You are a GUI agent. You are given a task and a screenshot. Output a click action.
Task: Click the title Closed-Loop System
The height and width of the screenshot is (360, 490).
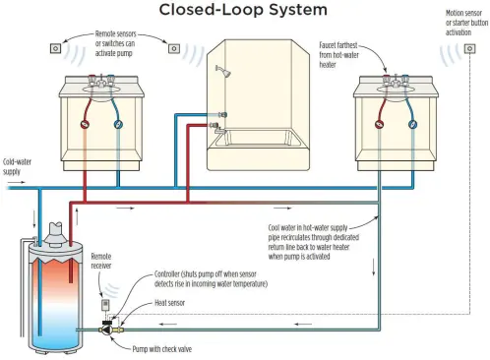(x=243, y=10)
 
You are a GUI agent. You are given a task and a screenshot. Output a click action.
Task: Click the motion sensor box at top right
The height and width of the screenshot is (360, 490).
(x=469, y=49)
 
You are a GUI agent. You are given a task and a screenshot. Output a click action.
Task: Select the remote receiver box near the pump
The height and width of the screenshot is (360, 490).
(x=105, y=305)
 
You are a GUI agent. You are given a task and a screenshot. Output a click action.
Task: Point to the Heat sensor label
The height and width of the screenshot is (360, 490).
(x=169, y=303)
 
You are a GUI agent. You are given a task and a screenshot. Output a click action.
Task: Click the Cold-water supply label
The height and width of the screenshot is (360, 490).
(x=17, y=166)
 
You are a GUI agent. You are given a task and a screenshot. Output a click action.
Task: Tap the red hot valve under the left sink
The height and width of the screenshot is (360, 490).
(x=85, y=124)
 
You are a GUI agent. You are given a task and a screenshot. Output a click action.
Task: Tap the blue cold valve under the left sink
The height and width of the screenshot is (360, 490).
(x=118, y=124)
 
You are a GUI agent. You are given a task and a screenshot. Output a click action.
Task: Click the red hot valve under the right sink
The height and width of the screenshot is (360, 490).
(x=379, y=124)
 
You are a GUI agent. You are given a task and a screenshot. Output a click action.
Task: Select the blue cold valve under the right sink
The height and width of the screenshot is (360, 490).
(x=412, y=124)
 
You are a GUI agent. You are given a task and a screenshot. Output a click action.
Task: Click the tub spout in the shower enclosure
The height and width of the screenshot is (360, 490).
(x=220, y=131)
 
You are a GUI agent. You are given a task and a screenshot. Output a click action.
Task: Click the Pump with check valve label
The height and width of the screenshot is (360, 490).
(x=162, y=349)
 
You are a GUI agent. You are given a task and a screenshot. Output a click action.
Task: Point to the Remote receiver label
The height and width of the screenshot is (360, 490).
(x=101, y=261)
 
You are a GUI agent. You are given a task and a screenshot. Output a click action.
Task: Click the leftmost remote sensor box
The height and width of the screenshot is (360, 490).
(x=56, y=48)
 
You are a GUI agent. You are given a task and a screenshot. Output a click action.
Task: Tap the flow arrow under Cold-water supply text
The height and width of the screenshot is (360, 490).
(x=17, y=182)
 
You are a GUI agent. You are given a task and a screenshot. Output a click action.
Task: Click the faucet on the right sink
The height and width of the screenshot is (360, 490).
(x=396, y=81)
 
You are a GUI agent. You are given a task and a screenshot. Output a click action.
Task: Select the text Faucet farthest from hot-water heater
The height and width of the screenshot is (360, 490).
(x=338, y=55)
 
